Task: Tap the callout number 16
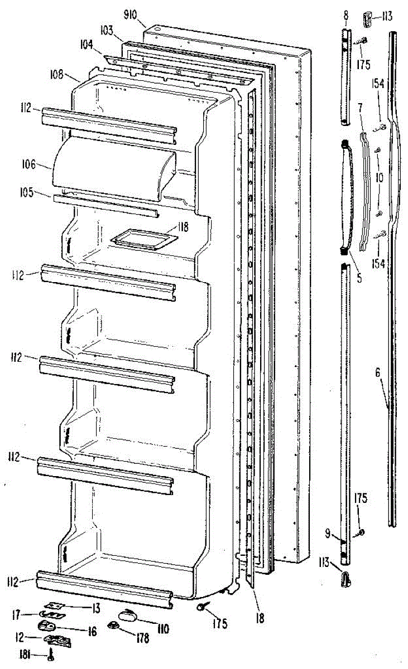click(x=91, y=631)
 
